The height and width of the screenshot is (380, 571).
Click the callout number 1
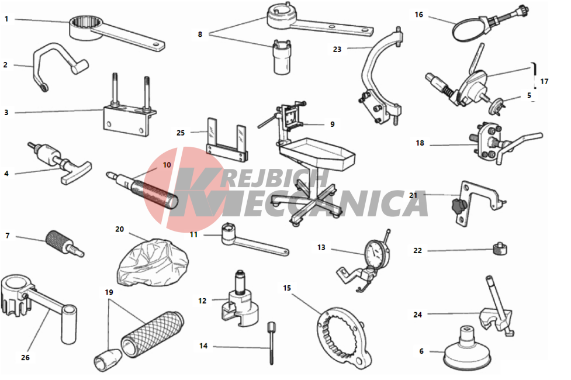pyautogui.click(x=6, y=19)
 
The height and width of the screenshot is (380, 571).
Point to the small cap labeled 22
pyautogui.click(x=500, y=249)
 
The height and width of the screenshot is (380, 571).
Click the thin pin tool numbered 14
pyautogui.click(x=272, y=343)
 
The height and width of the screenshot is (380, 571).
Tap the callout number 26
pyautogui.click(x=25, y=357)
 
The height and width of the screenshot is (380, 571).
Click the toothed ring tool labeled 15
pyautogui.click(x=344, y=337)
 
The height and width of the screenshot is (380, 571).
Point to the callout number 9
pyautogui.click(x=332, y=125)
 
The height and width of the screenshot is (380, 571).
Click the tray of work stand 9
pyautogui.click(x=316, y=153)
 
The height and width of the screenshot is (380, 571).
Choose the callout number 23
pyautogui.click(x=337, y=49)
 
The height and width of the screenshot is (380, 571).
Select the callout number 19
pyautogui.click(x=109, y=292)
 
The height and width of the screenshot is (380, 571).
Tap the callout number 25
pyautogui.click(x=181, y=133)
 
